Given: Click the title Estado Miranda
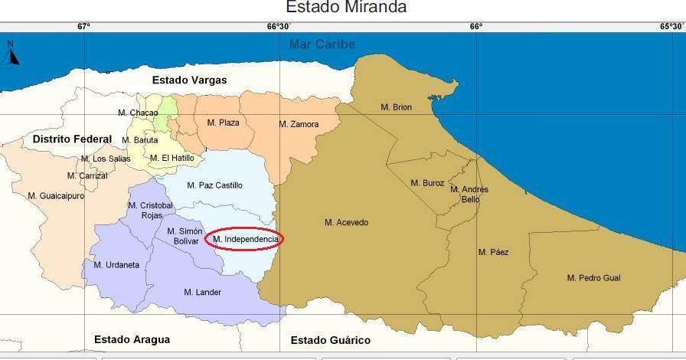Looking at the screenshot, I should pos(346,8).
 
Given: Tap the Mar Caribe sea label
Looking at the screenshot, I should pos(322,44).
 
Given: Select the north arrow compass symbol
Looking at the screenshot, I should pos(12,54).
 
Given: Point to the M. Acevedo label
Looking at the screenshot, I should pos(346,223).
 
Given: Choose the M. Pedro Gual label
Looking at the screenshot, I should pos(593,278).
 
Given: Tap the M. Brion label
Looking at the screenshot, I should pos(396,107).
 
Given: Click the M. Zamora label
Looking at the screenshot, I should pos(299,124).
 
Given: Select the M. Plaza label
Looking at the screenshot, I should pos(223,123).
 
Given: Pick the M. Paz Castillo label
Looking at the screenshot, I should pos(214,185).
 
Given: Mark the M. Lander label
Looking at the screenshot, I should pos(202,293).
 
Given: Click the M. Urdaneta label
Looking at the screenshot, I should pos(116,265).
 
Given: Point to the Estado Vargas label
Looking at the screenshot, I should pos(189,80).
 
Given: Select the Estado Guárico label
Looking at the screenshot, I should pos(330,340).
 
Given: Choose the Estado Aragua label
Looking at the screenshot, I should pos(132,339).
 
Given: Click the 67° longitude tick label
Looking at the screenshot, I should pos(83,26).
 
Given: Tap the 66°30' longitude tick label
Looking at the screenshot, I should pos(279,26).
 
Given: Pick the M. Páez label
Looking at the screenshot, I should pos(493,252).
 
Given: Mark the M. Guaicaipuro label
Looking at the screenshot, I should pos(56,196).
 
